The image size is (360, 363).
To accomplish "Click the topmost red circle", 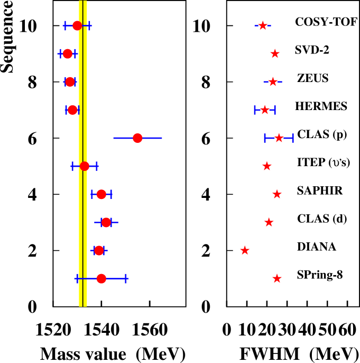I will pyautogui.click(x=77, y=25).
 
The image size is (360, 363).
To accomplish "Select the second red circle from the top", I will pyautogui.click(x=68, y=53).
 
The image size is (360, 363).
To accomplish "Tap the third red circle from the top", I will pyautogui.click(x=70, y=81).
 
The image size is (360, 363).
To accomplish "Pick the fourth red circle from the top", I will pyautogui.click(x=72, y=110).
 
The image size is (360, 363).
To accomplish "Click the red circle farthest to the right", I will pyautogui.click(x=137, y=138).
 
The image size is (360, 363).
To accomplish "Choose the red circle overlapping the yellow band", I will pyautogui.click(x=85, y=166).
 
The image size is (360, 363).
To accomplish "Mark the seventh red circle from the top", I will pyautogui.click(x=101, y=194).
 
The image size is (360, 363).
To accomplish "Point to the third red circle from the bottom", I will pyautogui.click(x=106, y=222).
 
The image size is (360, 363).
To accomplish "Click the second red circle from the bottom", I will pyautogui.click(x=99, y=250).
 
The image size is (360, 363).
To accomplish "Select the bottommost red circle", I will pyautogui.click(x=101, y=278).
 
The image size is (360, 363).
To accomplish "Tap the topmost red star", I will pyautogui.click(x=263, y=25).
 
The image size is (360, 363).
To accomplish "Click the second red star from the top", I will pyautogui.click(x=275, y=53).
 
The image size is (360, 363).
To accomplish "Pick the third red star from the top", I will pyautogui.click(x=273, y=81).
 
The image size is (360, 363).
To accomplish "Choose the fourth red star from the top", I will pyautogui.click(x=265, y=110).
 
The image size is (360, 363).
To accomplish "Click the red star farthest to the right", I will pyautogui.click(x=279, y=138).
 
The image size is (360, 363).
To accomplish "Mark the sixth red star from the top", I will pyautogui.click(x=267, y=166).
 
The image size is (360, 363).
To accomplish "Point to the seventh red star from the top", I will pyautogui.click(x=277, y=194).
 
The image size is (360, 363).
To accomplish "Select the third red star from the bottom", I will pyautogui.click(x=269, y=222).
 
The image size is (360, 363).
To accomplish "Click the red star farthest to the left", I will pyautogui.click(x=245, y=250).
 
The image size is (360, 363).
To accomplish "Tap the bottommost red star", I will pyautogui.click(x=277, y=278).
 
